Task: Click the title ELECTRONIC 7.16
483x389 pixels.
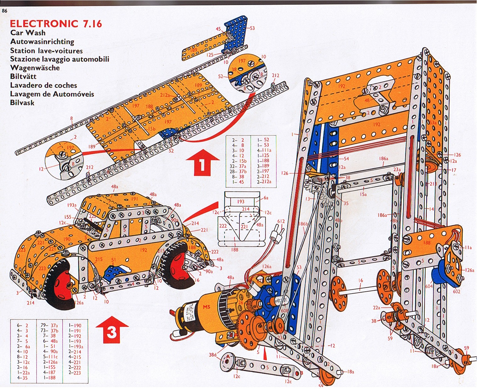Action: (56, 24)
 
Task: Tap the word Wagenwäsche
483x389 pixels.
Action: (35, 68)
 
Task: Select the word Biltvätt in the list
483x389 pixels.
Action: (23, 77)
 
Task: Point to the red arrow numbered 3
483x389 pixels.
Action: (112, 331)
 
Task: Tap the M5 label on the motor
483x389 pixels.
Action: (206, 307)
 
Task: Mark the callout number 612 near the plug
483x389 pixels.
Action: (281, 221)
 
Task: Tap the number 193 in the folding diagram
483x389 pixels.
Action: (241, 202)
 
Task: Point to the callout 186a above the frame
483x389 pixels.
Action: (384, 159)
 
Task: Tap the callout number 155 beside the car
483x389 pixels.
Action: (68, 217)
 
